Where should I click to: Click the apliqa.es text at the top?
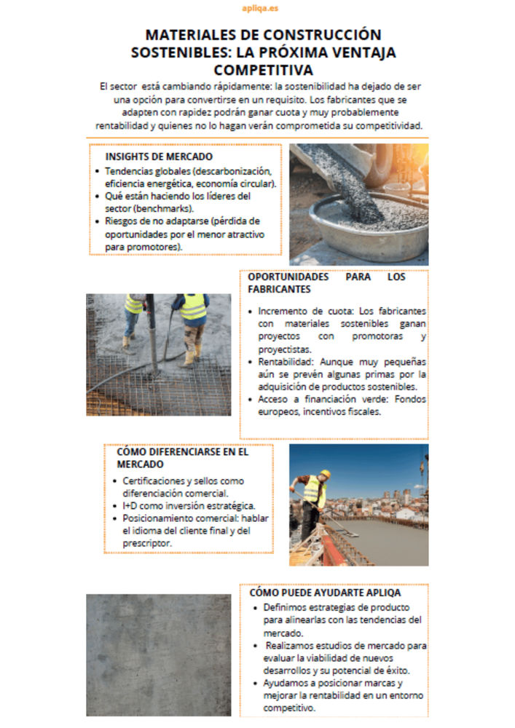pyautogui.click(x=259, y=8)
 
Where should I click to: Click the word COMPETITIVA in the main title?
pyautogui.click(x=263, y=70)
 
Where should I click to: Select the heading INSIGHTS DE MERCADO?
pyautogui.click(x=159, y=157)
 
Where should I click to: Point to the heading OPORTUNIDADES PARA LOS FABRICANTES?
pyautogui.click(x=326, y=283)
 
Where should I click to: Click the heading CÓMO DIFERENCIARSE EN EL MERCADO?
pyautogui.click(x=182, y=457)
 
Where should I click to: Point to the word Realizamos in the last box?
pyautogui.click(x=289, y=645)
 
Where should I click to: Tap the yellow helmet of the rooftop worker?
pyautogui.click(x=325, y=474)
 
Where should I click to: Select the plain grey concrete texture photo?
pyautogui.click(x=158, y=654)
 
